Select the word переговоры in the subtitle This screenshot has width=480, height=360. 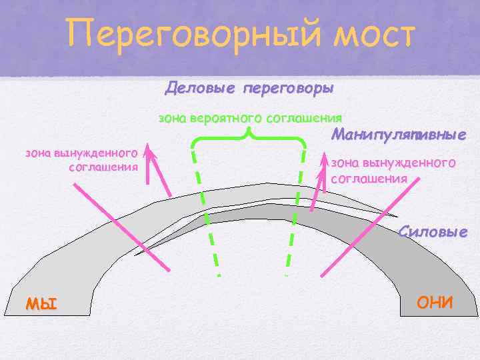point(288,88)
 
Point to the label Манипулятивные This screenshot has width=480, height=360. point(398,135)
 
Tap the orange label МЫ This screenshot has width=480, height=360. point(41,304)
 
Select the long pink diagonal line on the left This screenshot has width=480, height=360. point(120,227)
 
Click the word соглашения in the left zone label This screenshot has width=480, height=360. point(103,167)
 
